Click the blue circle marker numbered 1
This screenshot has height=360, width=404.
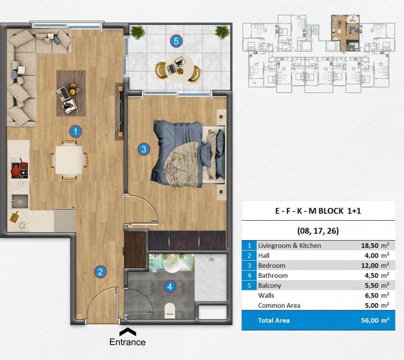(x=76, y=132)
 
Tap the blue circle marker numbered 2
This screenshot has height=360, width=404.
(x=100, y=271)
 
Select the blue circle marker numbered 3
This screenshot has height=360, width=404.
(x=144, y=149)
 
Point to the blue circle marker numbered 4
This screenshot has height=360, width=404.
(x=170, y=286)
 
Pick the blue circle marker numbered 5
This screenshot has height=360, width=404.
(x=176, y=41)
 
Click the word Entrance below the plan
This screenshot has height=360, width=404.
(x=127, y=342)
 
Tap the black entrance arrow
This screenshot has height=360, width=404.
(x=127, y=332)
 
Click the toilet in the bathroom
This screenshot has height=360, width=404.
(x=170, y=310)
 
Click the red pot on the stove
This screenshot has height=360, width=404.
(x=16, y=171)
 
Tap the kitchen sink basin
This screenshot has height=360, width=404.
(x=20, y=202)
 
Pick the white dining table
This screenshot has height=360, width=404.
(x=69, y=160)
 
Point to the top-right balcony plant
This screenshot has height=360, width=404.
(x=222, y=32)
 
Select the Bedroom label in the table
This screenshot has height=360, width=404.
(x=272, y=266)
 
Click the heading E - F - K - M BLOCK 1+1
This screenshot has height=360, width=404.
(x=318, y=211)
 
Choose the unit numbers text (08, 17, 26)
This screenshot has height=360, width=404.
(x=318, y=231)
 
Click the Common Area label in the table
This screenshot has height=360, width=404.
(x=279, y=305)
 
